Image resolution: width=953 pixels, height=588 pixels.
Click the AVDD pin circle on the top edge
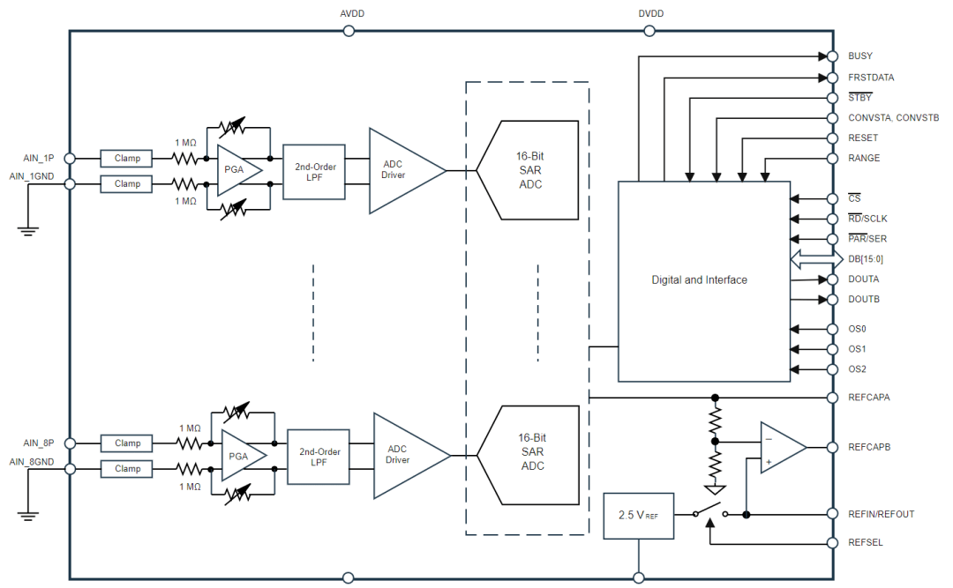[x=349, y=31]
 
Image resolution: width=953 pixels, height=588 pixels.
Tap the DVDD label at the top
[x=651, y=13]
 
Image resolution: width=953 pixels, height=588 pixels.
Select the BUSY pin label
[x=860, y=56]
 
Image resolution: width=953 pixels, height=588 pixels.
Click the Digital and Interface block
[x=704, y=281]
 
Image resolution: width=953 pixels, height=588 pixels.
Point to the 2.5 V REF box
[x=638, y=516]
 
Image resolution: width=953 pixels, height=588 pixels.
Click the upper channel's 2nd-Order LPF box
[x=314, y=172]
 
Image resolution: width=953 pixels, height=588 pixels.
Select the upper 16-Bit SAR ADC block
[x=527, y=170]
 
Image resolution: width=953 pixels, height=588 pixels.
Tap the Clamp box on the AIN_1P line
[x=126, y=159]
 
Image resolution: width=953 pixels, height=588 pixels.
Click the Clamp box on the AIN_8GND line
[x=126, y=469]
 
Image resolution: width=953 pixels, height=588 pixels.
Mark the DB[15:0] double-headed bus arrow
[x=816, y=259]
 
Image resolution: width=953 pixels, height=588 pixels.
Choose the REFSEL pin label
[x=866, y=542]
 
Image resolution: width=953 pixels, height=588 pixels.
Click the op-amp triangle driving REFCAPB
[x=783, y=448]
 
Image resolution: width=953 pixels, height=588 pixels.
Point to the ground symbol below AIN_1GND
[x=28, y=231]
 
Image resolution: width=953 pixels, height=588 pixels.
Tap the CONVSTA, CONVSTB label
[x=893, y=118]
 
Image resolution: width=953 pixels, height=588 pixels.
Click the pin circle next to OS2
[x=833, y=369]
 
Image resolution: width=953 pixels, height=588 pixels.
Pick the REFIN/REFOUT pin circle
[x=833, y=514]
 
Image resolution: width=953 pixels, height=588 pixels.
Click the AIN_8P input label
[x=38, y=443]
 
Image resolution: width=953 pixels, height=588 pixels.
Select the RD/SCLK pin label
[x=867, y=219]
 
